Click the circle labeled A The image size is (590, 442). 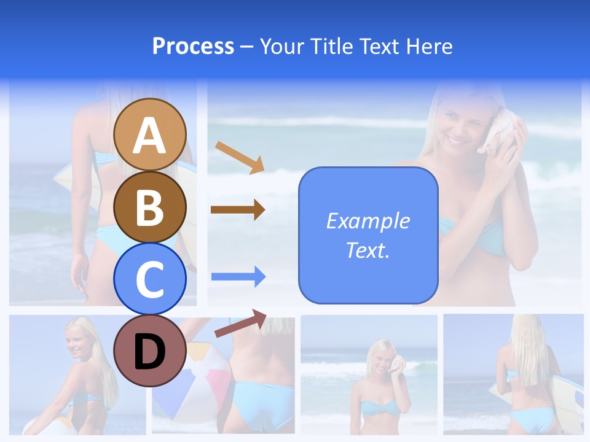[x=150, y=134]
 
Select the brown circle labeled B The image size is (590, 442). [x=150, y=207]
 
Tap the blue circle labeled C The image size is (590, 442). [x=150, y=279]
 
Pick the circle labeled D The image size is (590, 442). [x=150, y=350]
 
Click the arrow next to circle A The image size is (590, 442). [x=240, y=157]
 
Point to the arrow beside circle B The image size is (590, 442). [x=238, y=210]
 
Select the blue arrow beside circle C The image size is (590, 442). [x=238, y=276]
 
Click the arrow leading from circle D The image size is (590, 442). [x=240, y=323]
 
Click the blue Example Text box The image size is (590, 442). [x=368, y=235]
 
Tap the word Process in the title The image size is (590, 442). [x=193, y=46]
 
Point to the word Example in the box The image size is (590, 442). [x=368, y=221]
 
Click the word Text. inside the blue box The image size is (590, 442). [x=368, y=250]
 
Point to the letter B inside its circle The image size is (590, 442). [x=150, y=207]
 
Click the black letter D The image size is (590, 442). [x=150, y=351]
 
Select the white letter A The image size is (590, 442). [x=150, y=135]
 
